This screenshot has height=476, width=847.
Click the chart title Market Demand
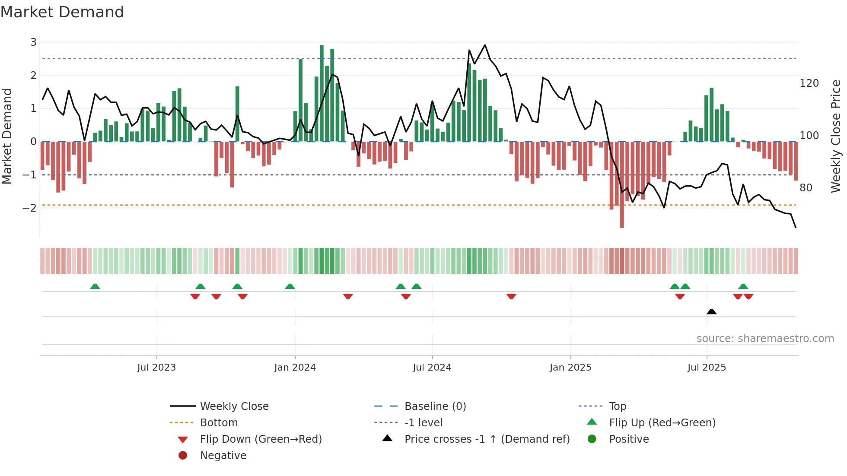tap(62, 12)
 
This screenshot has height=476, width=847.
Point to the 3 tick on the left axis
tap(33, 42)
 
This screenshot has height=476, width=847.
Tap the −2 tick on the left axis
tap(29, 208)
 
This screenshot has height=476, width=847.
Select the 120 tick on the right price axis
tap(809, 83)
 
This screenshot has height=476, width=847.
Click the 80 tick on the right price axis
tap(806, 188)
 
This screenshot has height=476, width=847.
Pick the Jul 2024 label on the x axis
tap(432, 368)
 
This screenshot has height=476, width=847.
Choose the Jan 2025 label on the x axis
tap(570, 368)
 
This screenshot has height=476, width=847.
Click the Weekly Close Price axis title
tap(836, 136)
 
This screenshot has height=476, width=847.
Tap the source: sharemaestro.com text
tap(765, 339)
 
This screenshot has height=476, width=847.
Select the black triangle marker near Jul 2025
tap(711, 311)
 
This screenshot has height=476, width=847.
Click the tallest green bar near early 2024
tap(322, 93)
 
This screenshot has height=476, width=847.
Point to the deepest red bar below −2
tap(622, 185)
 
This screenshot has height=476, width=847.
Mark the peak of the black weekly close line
tap(485, 45)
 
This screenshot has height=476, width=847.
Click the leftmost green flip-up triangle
tap(95, 286)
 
